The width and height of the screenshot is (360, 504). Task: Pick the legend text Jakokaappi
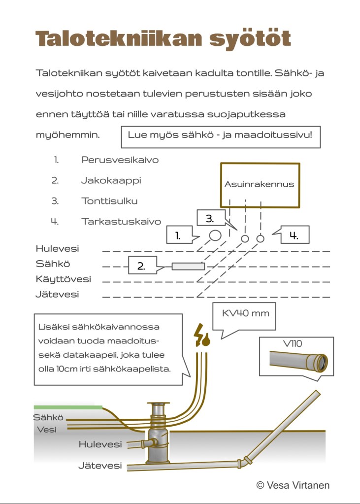pyautogui.click(x=111, y=180)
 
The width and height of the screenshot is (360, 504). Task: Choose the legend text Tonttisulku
pyautogui.click(x=109, y=201)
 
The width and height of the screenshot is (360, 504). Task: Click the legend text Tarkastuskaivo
pyautogui.click(x=121, y=222)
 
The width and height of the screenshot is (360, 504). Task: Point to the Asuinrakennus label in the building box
pyautogui.click(x=259, y=184)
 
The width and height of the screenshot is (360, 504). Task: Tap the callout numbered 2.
pyautogui.click(x=141, y=267)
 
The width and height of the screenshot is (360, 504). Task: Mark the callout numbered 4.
pyautogui.click(x=294, y=235)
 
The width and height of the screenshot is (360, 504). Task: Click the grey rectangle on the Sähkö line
pyautogui.click(x=188, y=267)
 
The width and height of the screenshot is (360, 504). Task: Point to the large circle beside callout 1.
pyautogui.click(x=215, y=235)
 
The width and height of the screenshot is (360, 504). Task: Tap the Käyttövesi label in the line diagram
pyautogui.click(x=63, y=279)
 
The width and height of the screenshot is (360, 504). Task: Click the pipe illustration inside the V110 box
pyautogui.click(x=298, y=362)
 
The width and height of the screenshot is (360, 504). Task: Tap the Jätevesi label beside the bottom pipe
pyautogui.click(x=100, y=466)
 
